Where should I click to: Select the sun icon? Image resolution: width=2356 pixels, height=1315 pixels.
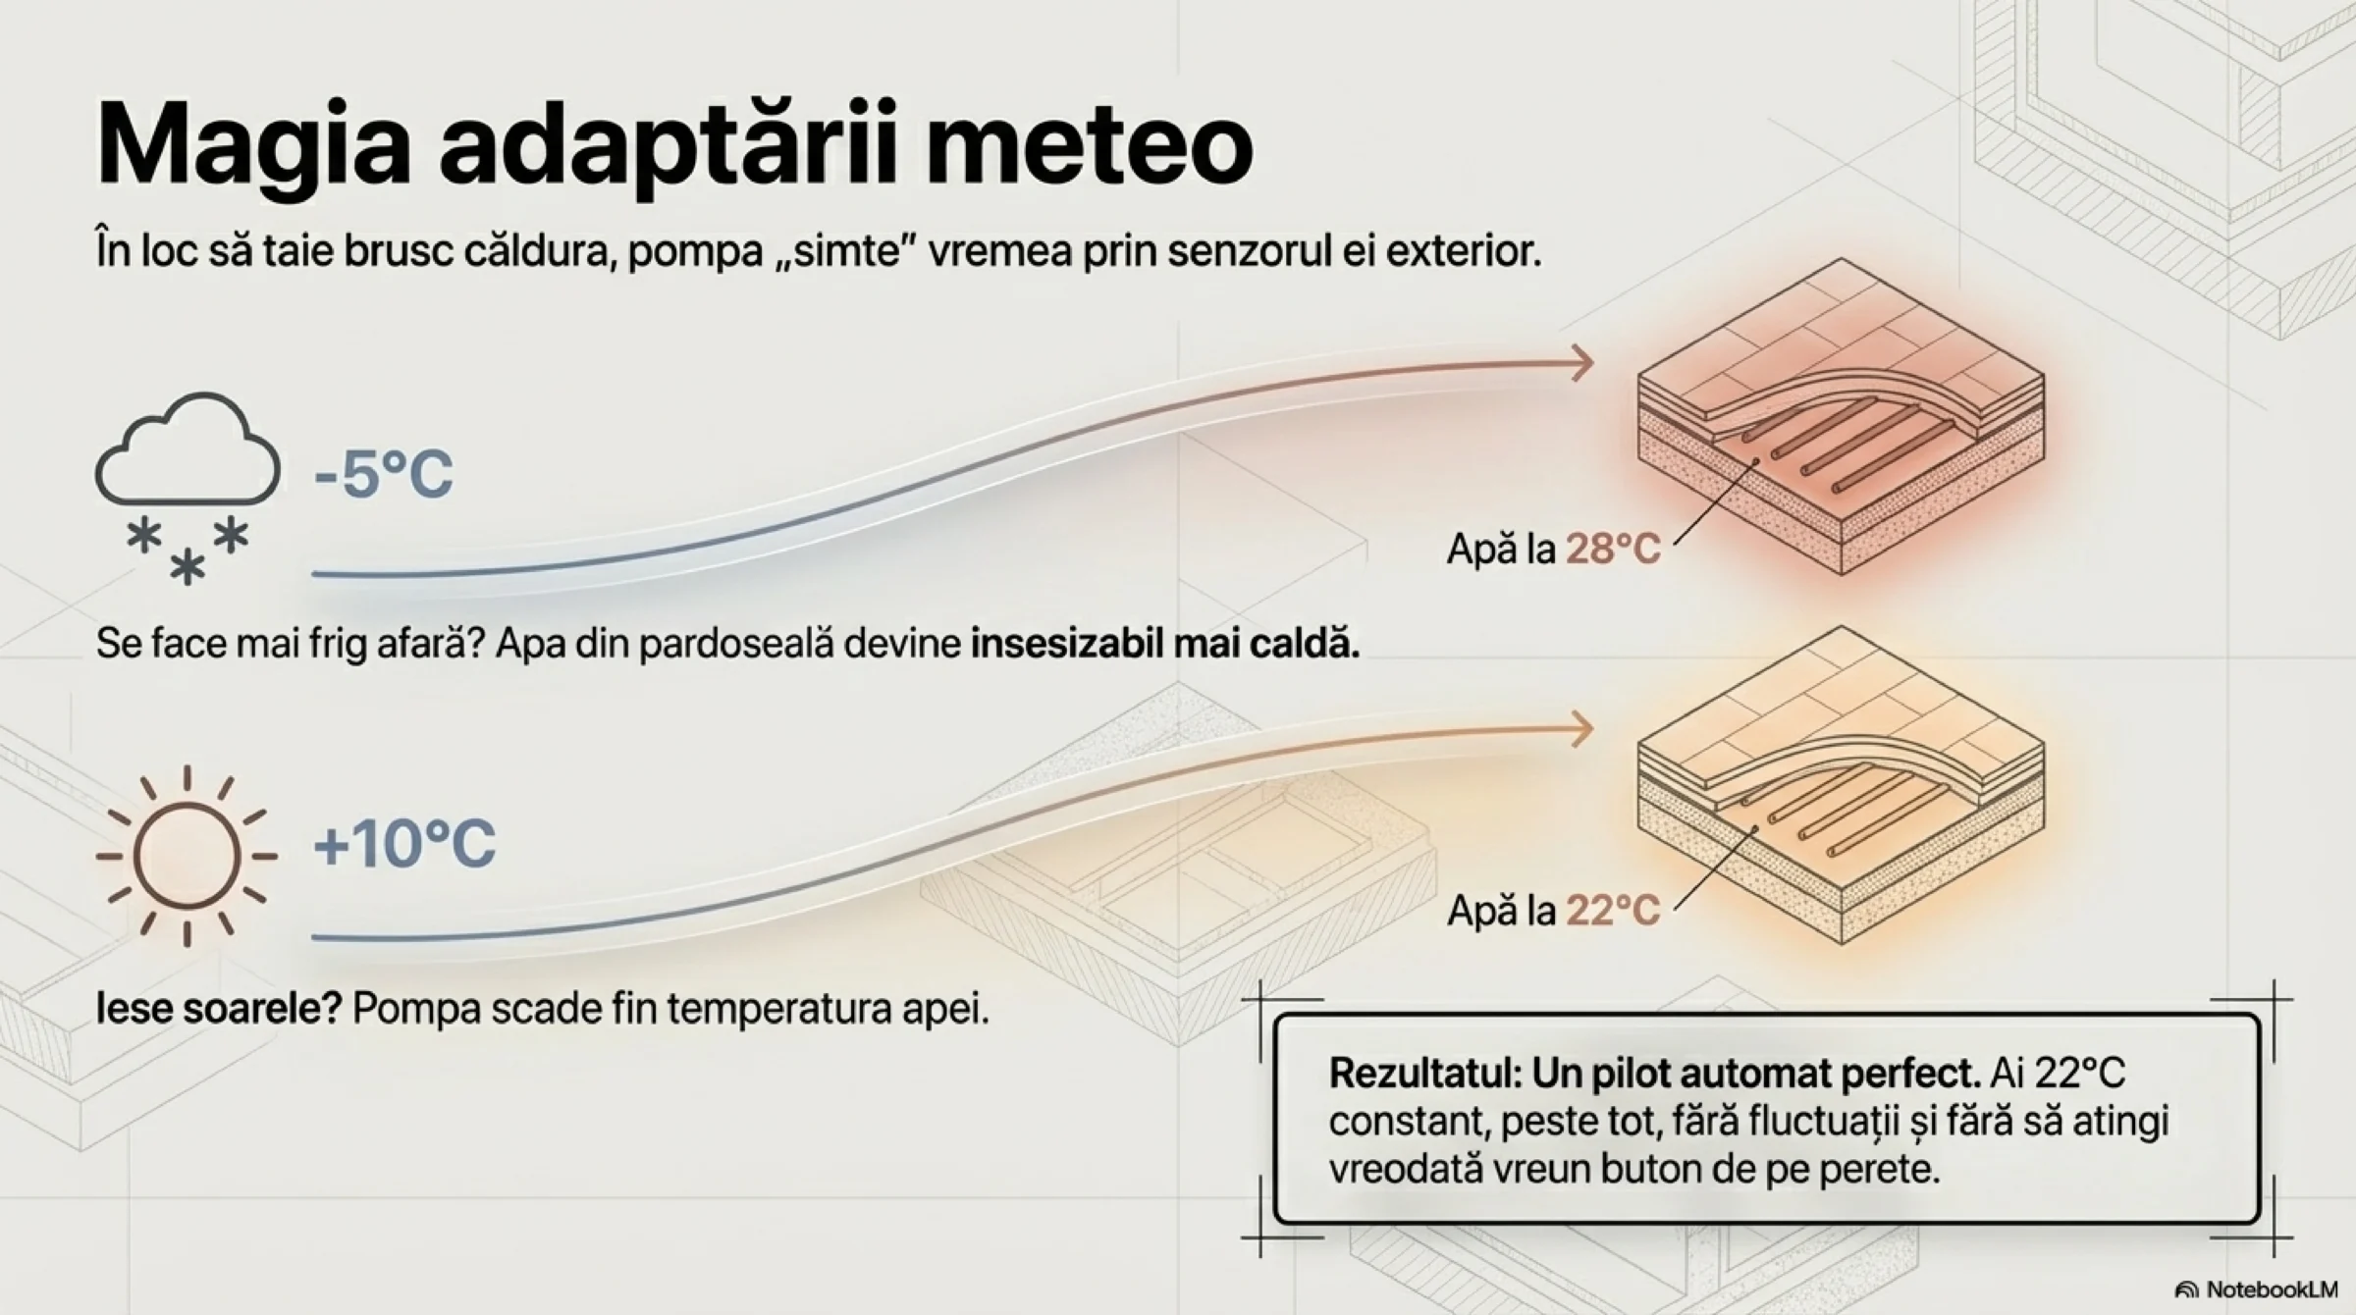pyautogui.click(x=187, y=856)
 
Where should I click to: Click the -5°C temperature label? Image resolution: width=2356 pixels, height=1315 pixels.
pyautogui.click(x=384, y=474)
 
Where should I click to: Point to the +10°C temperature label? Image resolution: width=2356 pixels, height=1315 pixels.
pyautogui.click(x=404, y=843)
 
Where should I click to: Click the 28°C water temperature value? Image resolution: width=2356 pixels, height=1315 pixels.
pyautogui.click(x=1613, y=549)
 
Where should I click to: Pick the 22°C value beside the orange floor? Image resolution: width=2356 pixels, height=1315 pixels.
pyautogui.click(x=1613, y=911)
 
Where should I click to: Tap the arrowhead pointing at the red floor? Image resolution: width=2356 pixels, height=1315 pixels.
pyautogui.click(x=1580, y=363)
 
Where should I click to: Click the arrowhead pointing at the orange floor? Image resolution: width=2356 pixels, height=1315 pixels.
pyautogui.click(x=1580, y=729)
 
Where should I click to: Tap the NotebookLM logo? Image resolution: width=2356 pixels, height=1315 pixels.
pyautogui.click(x=2258, y=1289)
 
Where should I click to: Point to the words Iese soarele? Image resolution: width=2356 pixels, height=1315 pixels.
pyautogui.click(x=218, y=1008)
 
